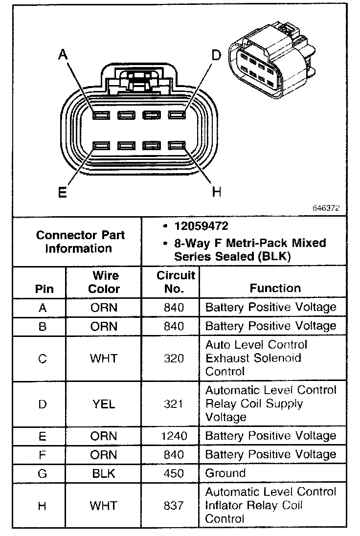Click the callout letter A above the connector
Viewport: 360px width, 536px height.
point(63,55)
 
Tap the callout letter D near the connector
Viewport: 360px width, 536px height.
point(216,55)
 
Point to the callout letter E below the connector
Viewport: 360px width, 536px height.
point(62,192)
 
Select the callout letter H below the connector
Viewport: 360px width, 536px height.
point(216,192)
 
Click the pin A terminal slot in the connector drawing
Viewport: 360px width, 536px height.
point(101,116)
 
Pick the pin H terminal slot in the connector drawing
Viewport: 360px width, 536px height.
point(176,146)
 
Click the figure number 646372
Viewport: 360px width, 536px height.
point(326,207)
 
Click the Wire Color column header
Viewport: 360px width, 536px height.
point(104,282)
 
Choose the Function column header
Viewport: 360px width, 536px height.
point(275,288)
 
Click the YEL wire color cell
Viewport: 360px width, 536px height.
point(104,404)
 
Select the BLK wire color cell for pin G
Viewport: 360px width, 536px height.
point(104,473)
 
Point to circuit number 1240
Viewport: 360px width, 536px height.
point(174,436)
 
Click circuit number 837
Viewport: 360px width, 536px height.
point(174,506)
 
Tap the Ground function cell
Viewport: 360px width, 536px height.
point(225,473)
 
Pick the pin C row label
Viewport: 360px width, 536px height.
point(42,358)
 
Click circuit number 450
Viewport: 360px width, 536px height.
point(174,473)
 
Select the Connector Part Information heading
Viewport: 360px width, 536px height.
point(81,242)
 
